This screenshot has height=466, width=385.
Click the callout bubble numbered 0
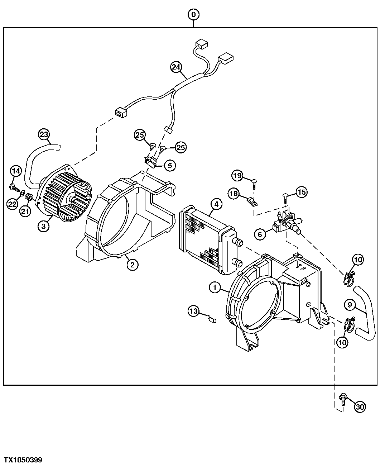pyautogui.click(x=193, y=15)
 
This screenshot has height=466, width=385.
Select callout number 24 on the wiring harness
pyautogui.click(x=176, y=67)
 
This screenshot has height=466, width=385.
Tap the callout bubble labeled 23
pyautogui.click(x=44, y=135)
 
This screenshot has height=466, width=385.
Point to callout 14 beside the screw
pyautogui.click(x=15, y=171)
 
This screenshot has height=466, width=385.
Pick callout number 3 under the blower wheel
pyautogui.click(x=43, y=227)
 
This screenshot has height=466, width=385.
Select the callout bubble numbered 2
pyautogui.click(x=132, y=265)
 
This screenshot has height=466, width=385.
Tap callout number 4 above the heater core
pyautogui.click(x=216, y=204)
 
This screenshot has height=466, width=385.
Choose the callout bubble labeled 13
pyautogui.click(x=194, y=312)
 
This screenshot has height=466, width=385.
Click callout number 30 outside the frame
pyautogui.click(x=360, y=406)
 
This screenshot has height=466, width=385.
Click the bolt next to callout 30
pyautogui.click(x=342, y=398)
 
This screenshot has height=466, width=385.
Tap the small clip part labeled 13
pyautogui.click(x=212, y=318)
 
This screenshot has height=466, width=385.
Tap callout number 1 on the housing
pyautogui.click(x=215, y=287)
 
